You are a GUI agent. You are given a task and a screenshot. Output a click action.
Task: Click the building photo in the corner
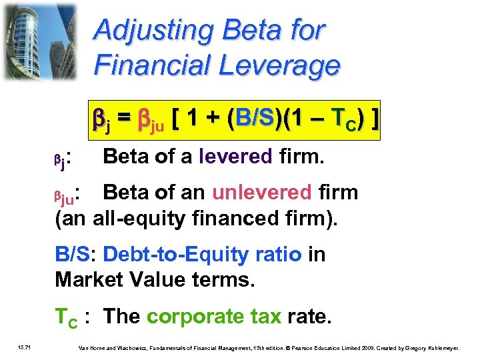tap(43, 41)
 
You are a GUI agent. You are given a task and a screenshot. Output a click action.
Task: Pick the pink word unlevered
tap(262, 193)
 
